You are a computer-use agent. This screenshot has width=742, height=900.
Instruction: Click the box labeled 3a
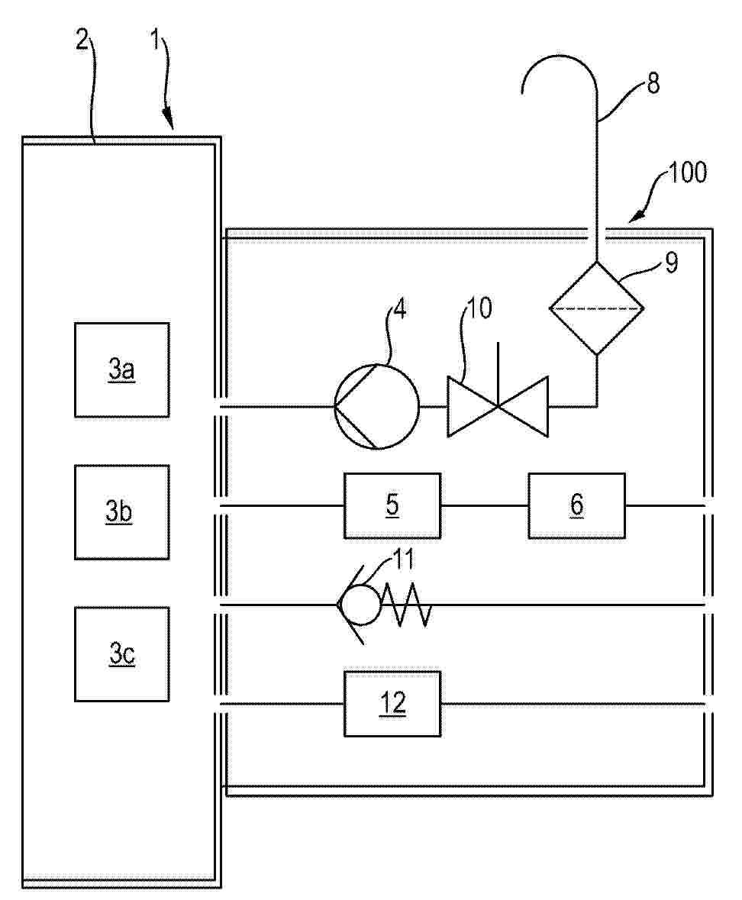coord(121,369)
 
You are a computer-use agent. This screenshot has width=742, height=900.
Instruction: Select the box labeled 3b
coord(121,512)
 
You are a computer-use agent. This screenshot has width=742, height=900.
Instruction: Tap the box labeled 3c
coord(121,654)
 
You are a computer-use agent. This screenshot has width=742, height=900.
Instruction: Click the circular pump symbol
coord(376,407)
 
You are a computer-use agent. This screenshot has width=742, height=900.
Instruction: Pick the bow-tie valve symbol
coord(498,407)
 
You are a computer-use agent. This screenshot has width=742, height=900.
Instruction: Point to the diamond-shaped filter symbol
coord(597,308)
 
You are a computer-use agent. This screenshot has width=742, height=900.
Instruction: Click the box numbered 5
coord(392,505)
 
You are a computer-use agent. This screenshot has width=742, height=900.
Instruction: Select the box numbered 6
coord(576,505)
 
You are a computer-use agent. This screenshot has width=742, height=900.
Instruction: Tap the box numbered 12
coord(392,704)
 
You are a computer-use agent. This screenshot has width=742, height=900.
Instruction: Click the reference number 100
coord(688,173)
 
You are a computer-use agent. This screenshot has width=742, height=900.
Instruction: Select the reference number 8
coord(653,84)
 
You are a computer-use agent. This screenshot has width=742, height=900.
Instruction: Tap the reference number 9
coord(671,263)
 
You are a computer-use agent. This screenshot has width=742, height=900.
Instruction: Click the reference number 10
coord(479,308)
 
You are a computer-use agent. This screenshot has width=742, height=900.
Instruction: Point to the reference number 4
coord(400,308)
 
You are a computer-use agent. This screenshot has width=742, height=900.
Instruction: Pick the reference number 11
coord(403,560)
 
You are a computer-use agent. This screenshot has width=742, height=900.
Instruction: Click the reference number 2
coord(83,40)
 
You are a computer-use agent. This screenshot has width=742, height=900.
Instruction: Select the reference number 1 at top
coord(154,40)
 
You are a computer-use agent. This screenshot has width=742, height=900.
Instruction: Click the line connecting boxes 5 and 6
coord(485,505)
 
